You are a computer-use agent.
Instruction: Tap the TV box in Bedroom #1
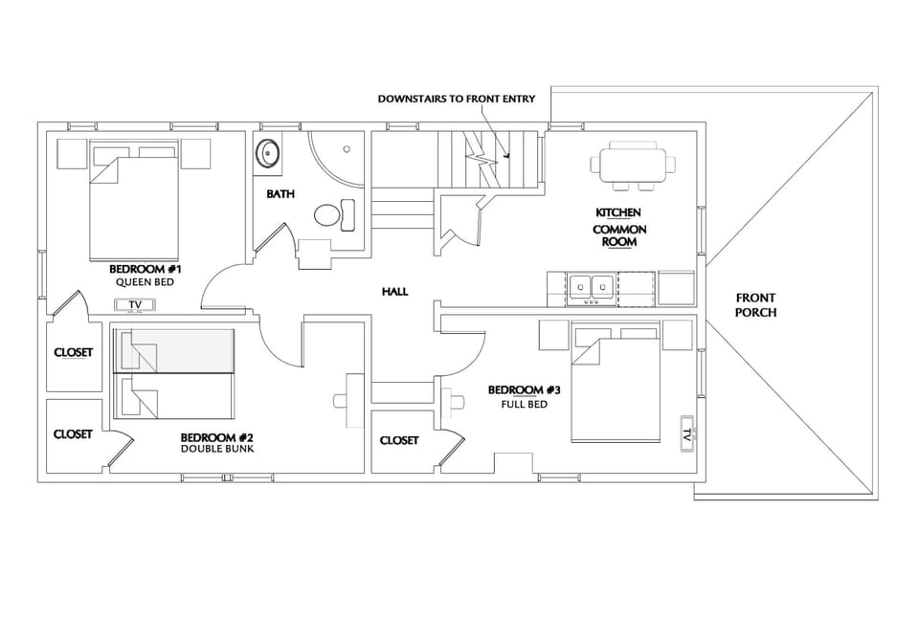(x=136, y=305)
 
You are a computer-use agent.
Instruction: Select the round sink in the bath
(x=269, y=153)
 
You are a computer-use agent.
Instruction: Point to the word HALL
(x=394, y=291)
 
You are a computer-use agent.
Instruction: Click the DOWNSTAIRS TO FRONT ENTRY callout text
(x=456, y=99)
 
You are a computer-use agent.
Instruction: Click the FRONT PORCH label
(x=755, y=305)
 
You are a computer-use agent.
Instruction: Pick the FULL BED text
(x=524, y=404)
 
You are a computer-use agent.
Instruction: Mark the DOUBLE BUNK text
(x=216, y=448)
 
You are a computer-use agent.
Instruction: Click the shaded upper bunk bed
(x=173, y=350)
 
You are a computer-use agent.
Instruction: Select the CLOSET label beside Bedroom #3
(x=399, y=440)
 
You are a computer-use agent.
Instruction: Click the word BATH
(x=280, y=194)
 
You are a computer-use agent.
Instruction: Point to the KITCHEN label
(x=618, y=212)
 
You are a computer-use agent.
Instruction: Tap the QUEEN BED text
(x=145, y=282)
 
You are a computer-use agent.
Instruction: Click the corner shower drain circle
(x=347, y=149)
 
